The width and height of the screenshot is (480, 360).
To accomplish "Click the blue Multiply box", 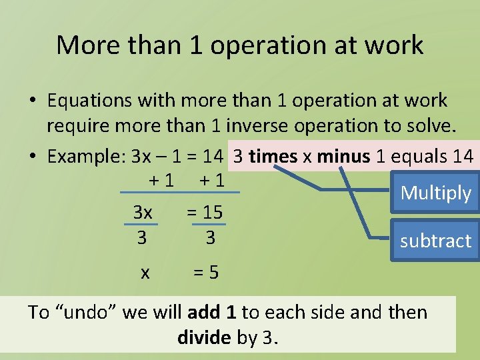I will click(x=436, y=193).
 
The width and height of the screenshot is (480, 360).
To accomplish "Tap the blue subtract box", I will click(x=435, y=241).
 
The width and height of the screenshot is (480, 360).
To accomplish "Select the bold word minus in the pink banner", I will click(x=343, y=157).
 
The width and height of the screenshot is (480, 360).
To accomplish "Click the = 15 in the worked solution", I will click(x=204, y=213).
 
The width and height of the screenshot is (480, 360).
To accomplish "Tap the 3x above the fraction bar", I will click(x=143, y=213).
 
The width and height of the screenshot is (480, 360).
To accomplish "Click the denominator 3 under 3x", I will click(x=141, y=237).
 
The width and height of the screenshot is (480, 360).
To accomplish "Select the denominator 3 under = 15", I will click(x=210, y=237).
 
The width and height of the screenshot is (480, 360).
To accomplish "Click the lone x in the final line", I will click(x=145, y=272).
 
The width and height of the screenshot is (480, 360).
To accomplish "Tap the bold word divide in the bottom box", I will click(x=205, y=338).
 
